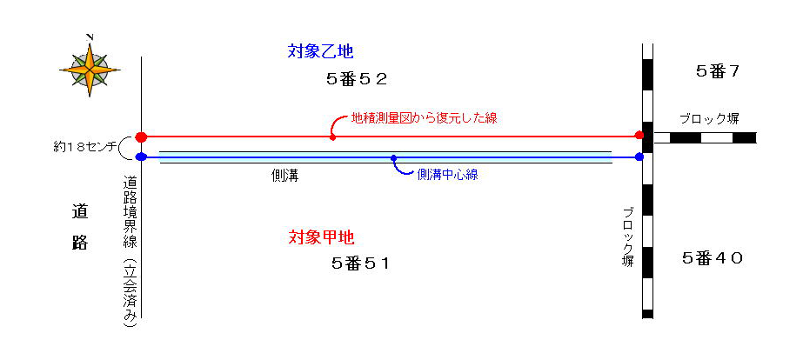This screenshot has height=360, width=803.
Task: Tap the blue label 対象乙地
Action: (x=321, y=51)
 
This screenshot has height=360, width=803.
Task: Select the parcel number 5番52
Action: (x=357, y=79)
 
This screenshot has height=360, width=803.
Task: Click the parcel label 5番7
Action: (x=718, y=71)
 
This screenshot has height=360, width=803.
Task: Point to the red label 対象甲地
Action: (x=321, y=237)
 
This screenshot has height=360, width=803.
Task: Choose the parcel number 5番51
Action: (x=360, y=263)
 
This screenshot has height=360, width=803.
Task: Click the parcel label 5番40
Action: (x=713, y=258)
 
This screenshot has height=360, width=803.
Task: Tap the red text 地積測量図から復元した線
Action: (x=424, y=118)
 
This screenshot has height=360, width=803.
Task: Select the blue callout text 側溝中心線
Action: (x=447, y=175)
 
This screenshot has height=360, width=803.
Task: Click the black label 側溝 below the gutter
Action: (x=284, y=177)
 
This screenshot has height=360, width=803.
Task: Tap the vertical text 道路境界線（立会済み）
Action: (x=130, y=251)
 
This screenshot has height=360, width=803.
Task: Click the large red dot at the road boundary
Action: (x=141, y=137)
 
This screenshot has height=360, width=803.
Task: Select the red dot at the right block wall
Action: (x=639, y=135)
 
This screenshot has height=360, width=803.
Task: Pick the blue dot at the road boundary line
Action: (x=141, y=157)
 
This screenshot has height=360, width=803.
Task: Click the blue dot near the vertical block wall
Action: (x=639, y=157)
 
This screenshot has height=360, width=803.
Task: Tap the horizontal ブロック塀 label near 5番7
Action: (x=709, y=119)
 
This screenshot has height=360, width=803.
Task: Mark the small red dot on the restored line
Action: (x=333, y=137)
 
